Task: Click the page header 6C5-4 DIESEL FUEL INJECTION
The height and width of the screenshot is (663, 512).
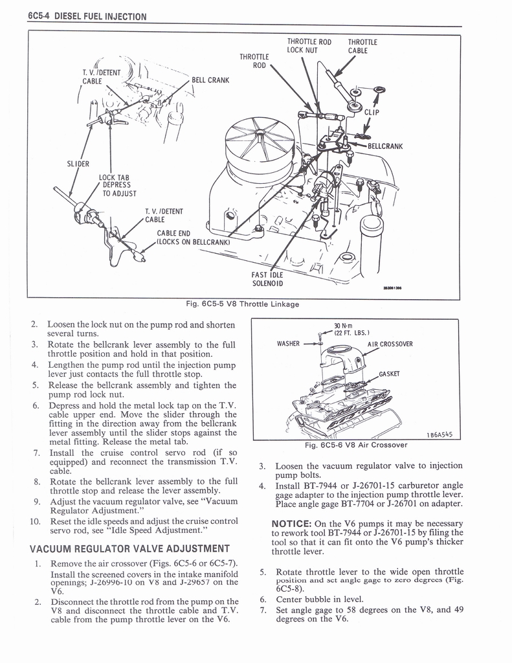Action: pos(87,16)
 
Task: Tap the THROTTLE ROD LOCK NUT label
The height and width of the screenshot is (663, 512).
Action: pos(309,46)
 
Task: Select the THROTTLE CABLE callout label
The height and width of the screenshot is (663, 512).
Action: pos(362,46)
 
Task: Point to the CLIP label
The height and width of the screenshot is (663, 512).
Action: pos(371,111)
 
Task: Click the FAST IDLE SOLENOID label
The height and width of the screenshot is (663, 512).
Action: pos(267,278)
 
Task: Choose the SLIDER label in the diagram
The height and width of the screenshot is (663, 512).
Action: pos(78,163)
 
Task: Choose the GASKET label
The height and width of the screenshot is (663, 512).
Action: pos(391,374)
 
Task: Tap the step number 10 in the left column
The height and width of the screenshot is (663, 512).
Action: pos(36,521)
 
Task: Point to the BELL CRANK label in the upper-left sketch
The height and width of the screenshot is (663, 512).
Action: pos(210,80)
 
